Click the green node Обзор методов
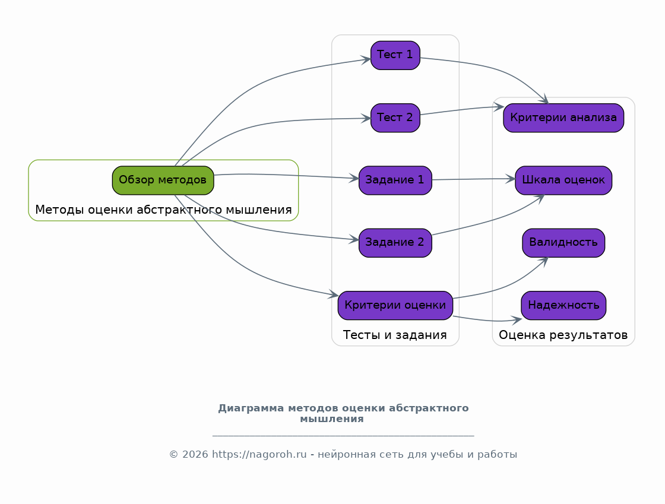click(163, 180)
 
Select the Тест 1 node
click(395, 55)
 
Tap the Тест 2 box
click(395, 118)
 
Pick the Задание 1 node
click(395, 180)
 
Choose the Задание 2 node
click(395, 243)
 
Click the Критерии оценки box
click(395, 305)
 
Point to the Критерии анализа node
click(563, 118)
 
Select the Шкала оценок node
click(563, 180)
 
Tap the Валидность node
click(563, 243)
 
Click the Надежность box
click(563, 305)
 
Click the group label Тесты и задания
click(395, 335)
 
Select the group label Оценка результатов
click(563, 335)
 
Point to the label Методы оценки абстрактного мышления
click(163, 210)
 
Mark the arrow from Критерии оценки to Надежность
click(487, 320)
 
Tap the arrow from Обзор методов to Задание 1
click(287, 175)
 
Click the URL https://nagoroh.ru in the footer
click(259, 454)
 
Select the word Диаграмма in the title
click(251, 408)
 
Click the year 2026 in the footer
click(195, 454)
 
